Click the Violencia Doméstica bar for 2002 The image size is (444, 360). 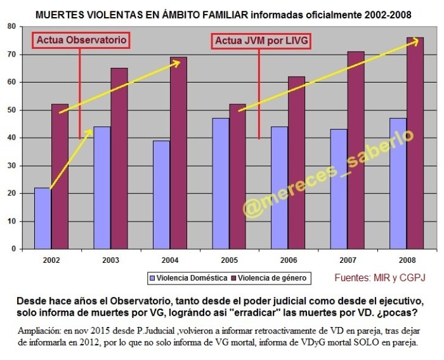coord(42,218)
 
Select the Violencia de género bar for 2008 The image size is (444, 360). coord(415,143)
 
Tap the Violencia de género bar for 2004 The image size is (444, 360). coord(178,152)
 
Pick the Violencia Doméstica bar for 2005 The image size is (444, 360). coord(220,183)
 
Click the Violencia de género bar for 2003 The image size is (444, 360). coord(119,158)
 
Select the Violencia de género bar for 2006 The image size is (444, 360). coord(296,163)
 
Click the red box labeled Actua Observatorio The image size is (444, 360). coord(81,41)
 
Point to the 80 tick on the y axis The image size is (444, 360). coord(11,26)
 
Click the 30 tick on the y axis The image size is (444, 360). coord(11,165)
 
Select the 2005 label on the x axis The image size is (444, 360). coord(229,260)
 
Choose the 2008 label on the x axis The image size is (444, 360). coord(407,260)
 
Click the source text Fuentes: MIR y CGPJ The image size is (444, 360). coord(380,277)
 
